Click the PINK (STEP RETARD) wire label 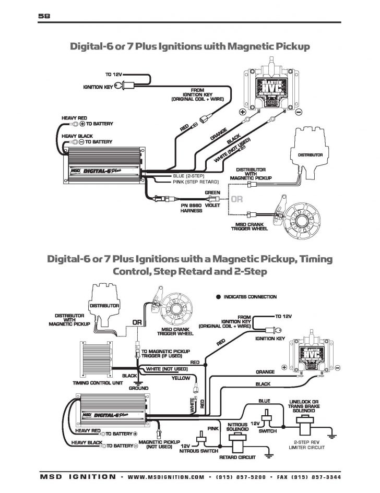192,182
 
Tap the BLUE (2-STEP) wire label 188,176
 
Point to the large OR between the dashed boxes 237,199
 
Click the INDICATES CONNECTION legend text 250,297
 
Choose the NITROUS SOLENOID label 237,427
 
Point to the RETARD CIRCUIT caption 238,458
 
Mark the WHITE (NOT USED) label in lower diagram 167,369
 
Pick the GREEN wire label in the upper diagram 212,193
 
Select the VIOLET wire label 212,206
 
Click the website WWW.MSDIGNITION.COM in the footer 164,477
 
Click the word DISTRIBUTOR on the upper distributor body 310,155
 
